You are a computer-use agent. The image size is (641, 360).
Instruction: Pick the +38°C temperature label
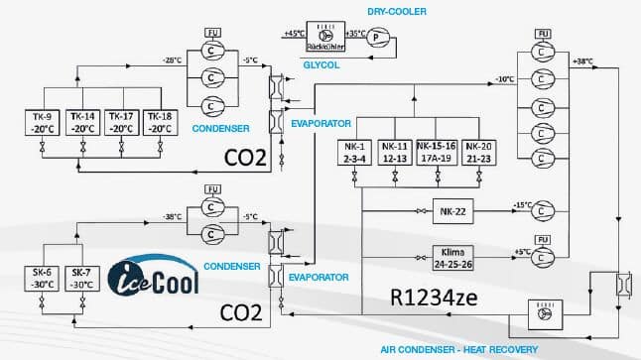[583, 61]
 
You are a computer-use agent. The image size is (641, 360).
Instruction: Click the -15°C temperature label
[522, 206]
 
